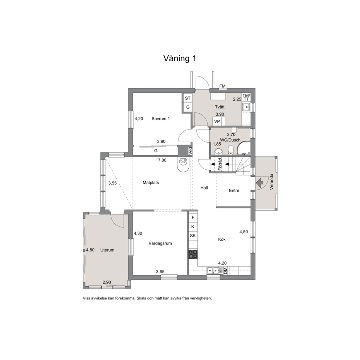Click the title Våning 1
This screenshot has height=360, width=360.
point(180,58)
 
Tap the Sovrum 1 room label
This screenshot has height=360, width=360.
point(160,119)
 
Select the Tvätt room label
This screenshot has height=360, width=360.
point(220,107)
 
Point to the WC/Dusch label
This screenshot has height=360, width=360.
point(230,140)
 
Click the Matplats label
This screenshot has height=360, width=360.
point(151,183)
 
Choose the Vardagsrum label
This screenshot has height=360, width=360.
point(160,244)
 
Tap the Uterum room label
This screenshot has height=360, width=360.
point(107,250)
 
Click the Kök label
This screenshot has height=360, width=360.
point(222,239)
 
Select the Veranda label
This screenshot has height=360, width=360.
point(271,182)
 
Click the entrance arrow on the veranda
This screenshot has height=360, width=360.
point(260,183)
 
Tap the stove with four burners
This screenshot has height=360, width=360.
point(193,254)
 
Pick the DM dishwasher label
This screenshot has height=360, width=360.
point(225,270)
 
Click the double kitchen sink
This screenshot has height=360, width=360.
point(213,271)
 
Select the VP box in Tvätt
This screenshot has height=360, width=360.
point(217,122)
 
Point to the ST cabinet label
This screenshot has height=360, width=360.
point(188,98)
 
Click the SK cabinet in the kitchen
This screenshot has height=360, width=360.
point(193,236)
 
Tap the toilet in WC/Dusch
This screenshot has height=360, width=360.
point(231,150)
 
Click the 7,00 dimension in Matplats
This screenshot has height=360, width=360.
point(162,160)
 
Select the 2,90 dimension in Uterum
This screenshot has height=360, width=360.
point(107,282)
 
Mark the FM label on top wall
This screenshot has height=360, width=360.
point(222,86)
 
